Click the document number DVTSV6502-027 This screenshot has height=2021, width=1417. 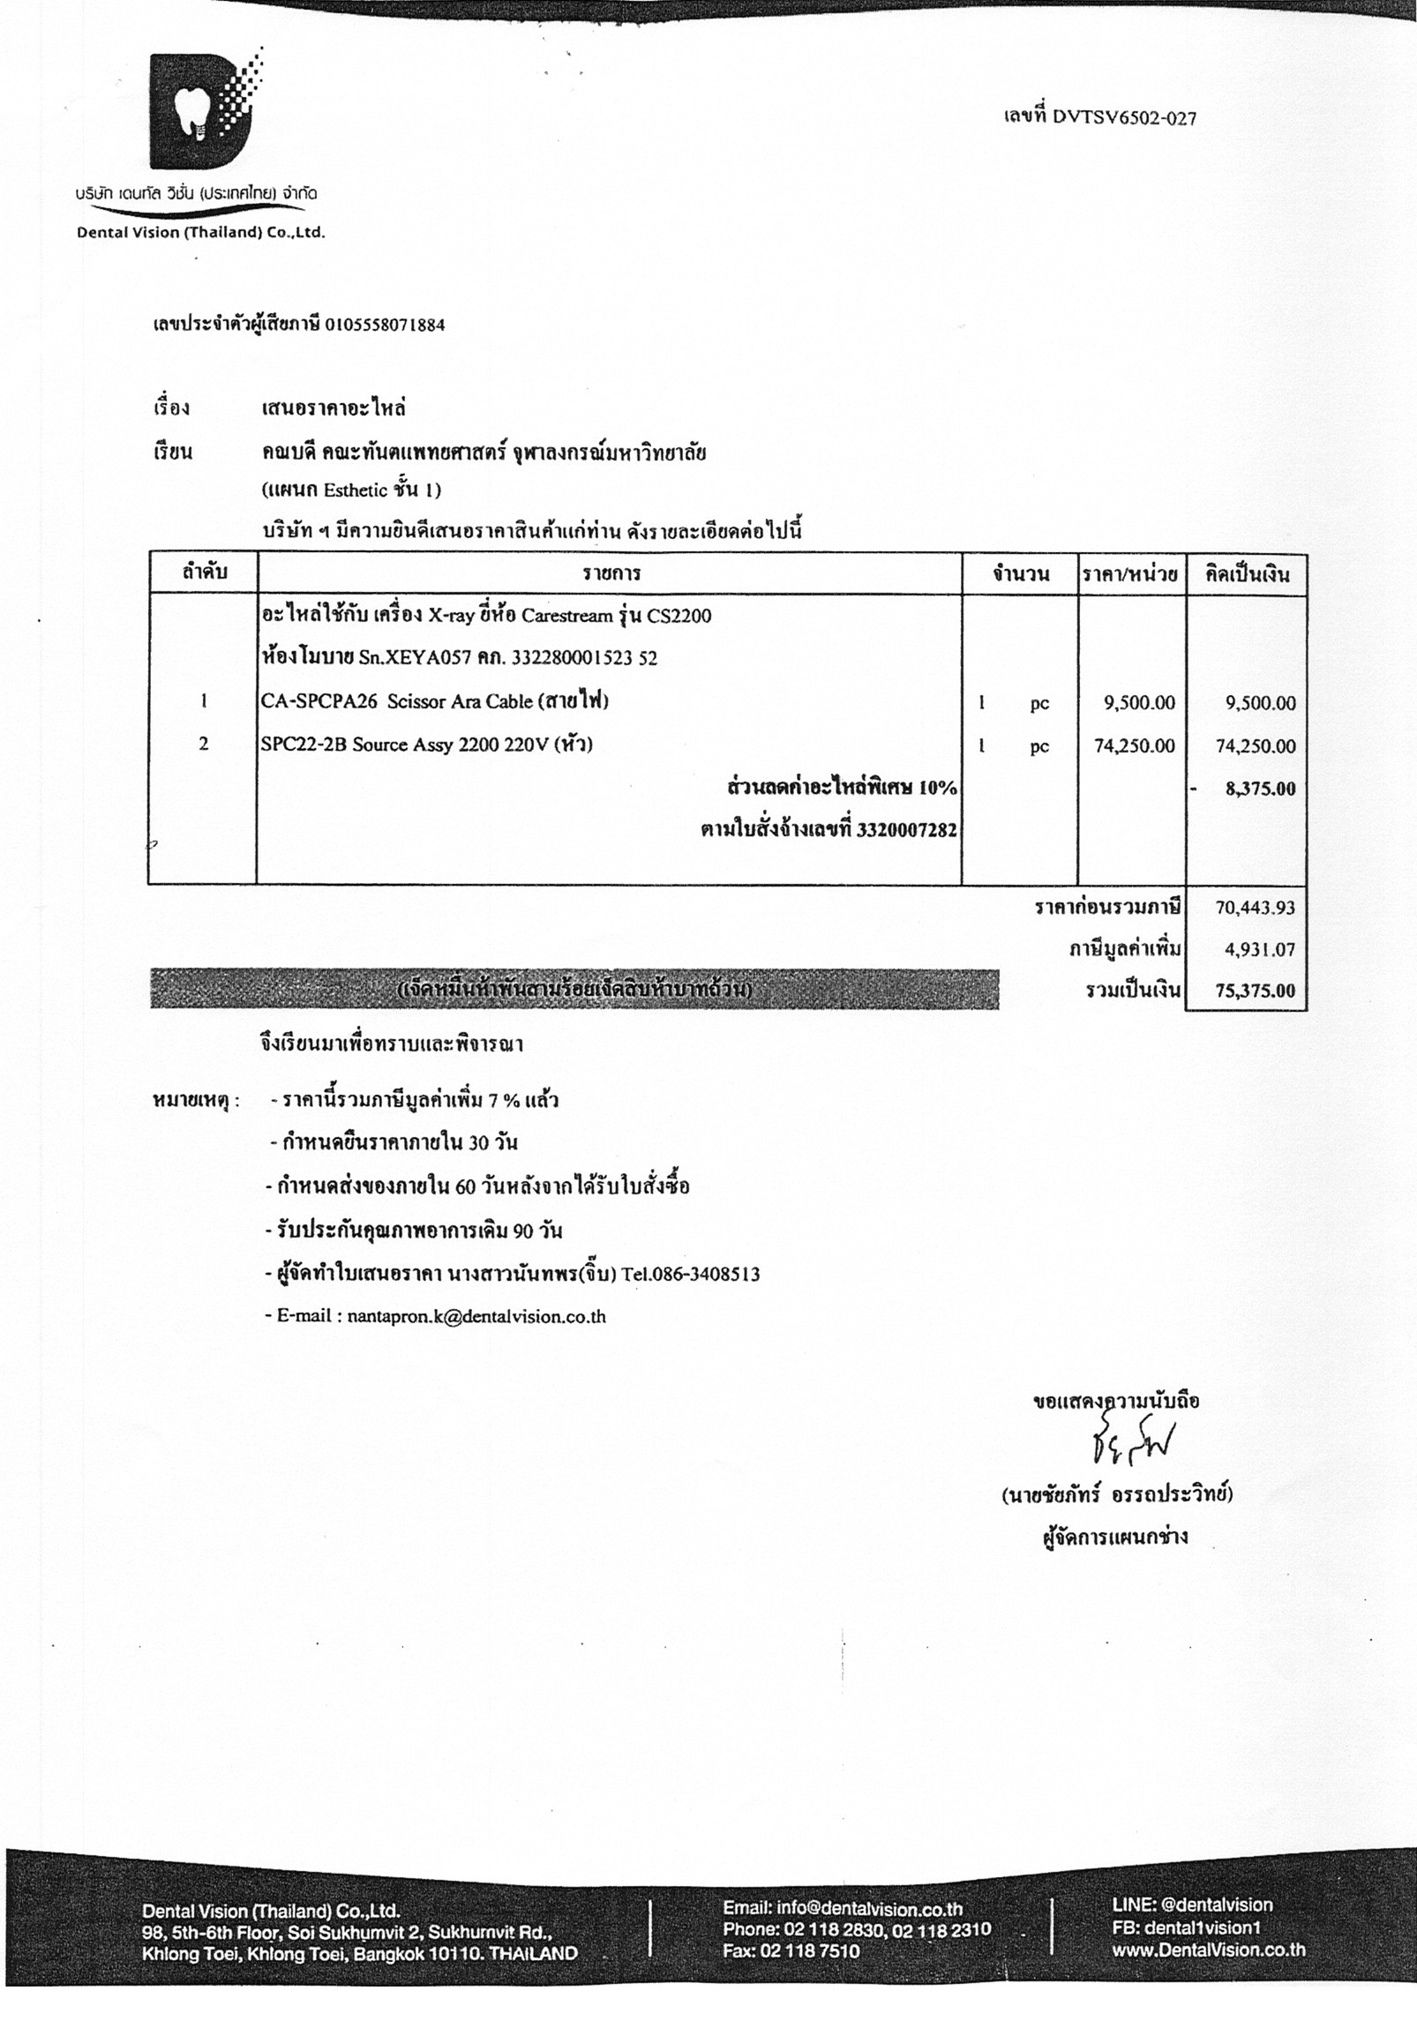1124,117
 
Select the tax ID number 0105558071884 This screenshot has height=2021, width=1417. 385,325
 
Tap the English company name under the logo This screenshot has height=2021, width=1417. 201,234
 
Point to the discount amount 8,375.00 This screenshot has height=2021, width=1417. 1259,789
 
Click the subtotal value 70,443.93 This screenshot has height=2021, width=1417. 1255,907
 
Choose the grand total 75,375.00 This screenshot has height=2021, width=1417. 1255,991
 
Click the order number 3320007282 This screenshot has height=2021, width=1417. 906,830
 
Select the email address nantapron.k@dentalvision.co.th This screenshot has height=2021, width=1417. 476,1317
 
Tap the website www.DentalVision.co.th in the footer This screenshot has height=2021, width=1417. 1208,1950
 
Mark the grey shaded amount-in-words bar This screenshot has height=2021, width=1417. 574,990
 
